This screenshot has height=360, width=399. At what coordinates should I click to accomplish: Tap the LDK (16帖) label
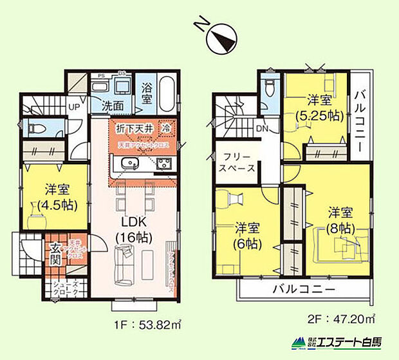133,229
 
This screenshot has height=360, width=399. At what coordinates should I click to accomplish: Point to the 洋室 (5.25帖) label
319,108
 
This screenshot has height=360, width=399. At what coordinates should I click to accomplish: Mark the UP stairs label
75,107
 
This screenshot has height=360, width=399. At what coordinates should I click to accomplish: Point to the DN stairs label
263,129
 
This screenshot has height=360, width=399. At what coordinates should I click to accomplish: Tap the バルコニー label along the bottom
303,290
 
